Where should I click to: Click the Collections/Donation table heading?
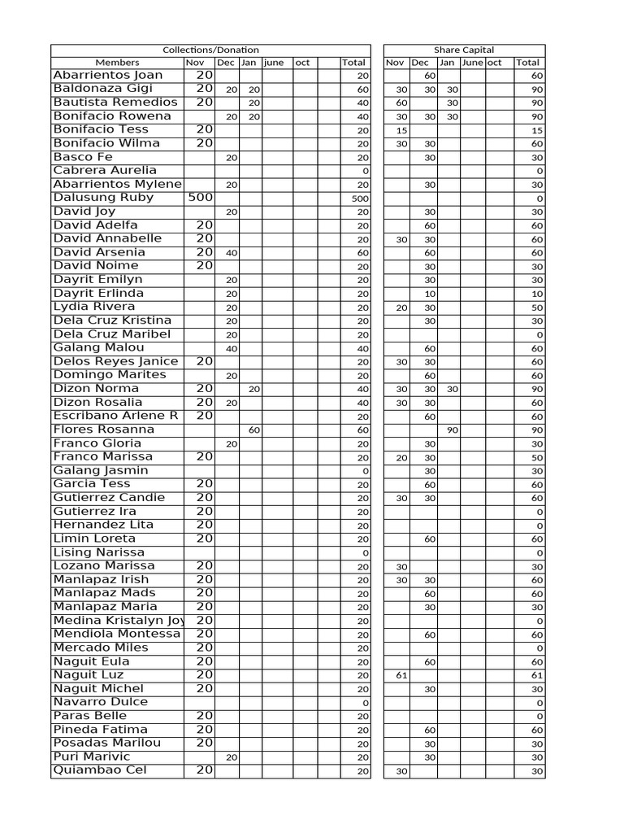pos(210,50)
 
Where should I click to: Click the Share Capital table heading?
pos(464,50)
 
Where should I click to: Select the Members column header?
pos(117,63)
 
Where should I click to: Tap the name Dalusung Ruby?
pos(103,198)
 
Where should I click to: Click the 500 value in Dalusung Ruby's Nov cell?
pos(200,198)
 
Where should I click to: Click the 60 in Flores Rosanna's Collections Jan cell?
pos(253,430)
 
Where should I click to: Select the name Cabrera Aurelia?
pos(105,171)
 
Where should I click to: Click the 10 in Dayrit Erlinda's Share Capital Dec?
pos(430,294)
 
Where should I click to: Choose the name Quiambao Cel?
pos(100,770)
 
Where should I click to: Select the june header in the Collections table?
pos(274,63)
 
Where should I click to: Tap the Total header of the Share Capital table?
pos(527,63)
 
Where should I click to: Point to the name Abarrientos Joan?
pos(108,76)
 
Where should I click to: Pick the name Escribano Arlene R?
pos(115,416)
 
